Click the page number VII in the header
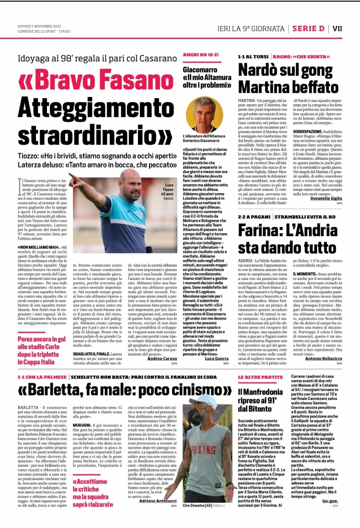coord(337,29)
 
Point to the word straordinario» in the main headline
coord(95,134)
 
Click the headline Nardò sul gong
coord(285,71)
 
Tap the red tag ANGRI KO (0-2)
coord(201,55)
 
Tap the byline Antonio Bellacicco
coord(323,358)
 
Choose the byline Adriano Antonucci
coord(158,501)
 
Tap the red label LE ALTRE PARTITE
coord(260,377)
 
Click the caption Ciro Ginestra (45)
coord(197,506)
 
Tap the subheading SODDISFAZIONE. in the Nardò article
coord(308,132)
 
